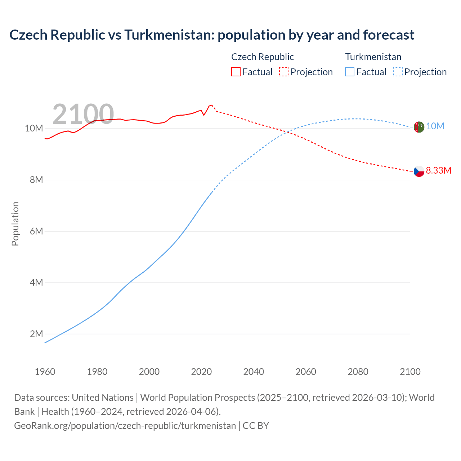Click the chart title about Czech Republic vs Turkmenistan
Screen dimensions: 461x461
(x=212, y=35)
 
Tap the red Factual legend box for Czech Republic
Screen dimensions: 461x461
(x=236, y=72)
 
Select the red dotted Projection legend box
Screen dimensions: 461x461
(x=284, y=72)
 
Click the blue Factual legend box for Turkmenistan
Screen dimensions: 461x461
(x=349, y=72)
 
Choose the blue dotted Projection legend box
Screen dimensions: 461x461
(x=398, y=72)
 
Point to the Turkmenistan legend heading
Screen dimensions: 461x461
(x=373, y=57)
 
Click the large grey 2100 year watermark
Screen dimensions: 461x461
(x=83, y=114)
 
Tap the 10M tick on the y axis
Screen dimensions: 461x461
(x=34, y=129)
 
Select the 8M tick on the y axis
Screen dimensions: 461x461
(x=36, y=180)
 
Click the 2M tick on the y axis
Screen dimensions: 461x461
(x=36, y=334)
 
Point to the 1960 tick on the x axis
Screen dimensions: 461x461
(x=45, y=372)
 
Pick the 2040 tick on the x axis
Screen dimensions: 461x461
(x=254, y=372)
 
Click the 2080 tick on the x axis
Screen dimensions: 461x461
(x=358, y=372)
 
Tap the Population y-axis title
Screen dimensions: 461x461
(x=15, y=224)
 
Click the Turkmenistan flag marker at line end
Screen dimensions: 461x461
(x=419, y=127)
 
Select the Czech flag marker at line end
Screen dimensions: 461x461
(x=419, y=171)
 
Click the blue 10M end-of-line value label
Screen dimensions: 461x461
(x=435, y=126)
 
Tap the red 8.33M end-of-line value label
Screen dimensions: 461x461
(x=438, y=171)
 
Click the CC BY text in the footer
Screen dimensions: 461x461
(x=256, y=426)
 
